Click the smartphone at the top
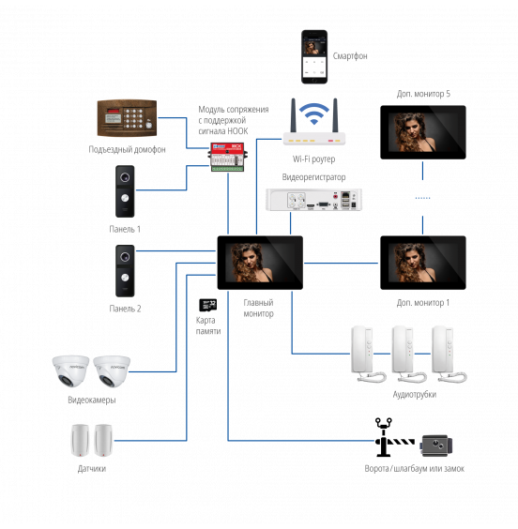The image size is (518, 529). (x=314, y=56)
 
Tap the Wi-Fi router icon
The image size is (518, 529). (x=314, y=122)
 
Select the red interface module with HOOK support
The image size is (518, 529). (x=227, y=158)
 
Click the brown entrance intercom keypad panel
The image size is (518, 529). (x=127, y=118)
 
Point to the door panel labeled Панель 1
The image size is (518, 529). (x=125, y=191)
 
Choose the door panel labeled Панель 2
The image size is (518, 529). (x=125, y=271)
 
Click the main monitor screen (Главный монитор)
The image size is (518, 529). (x=260, y=263)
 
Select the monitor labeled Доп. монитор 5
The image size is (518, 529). (x=423, y=132)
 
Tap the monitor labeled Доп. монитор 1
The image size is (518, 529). (x=423, y=263)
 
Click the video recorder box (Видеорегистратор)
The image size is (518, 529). (x=313, y=200)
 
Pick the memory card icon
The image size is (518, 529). (x=208, y=305)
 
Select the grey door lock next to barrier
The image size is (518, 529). (x=436, y=446)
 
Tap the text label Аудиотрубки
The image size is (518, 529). (x=415, y=394)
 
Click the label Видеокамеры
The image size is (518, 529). (x=92, y=401)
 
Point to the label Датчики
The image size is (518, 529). (x=92, y=469)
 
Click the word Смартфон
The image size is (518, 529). (x=350, y=56)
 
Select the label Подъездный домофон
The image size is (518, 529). (x=127, y=149)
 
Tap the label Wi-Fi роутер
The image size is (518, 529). (x=313, y=159)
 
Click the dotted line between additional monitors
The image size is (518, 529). (x=422, y=198)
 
